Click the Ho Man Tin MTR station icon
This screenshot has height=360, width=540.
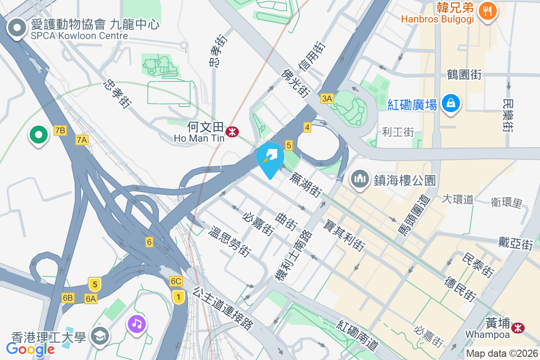click(x=233, y=132)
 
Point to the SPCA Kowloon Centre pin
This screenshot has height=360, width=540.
click(x=17, y=27)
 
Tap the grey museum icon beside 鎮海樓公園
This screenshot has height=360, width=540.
click(x=360, y=179)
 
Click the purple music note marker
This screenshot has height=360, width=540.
click(x=137, y=323)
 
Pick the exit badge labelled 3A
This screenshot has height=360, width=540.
click(x=327, y=99)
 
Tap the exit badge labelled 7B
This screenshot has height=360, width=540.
click(x=60, y=130)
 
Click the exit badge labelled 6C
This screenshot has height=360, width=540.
click(x=176, y=281)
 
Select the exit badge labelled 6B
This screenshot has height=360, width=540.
click(x=68, y=298)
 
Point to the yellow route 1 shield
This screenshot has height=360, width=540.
click(x=179, y=297)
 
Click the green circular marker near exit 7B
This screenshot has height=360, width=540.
click(x=39, y=134)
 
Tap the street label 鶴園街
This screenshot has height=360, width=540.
click(x=464, y=74)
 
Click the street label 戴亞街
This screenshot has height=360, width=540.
click(x=515, y=243)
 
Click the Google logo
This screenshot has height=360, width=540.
click(x=31, y=349)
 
